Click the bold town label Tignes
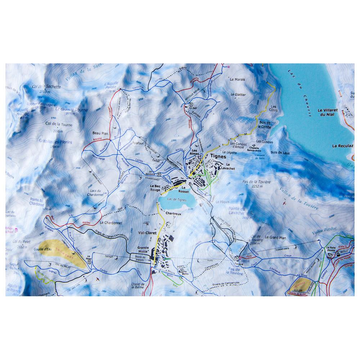(219, 157)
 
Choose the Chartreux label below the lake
(173, 213)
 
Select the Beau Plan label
(100, 133)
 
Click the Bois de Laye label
(280, 153)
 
